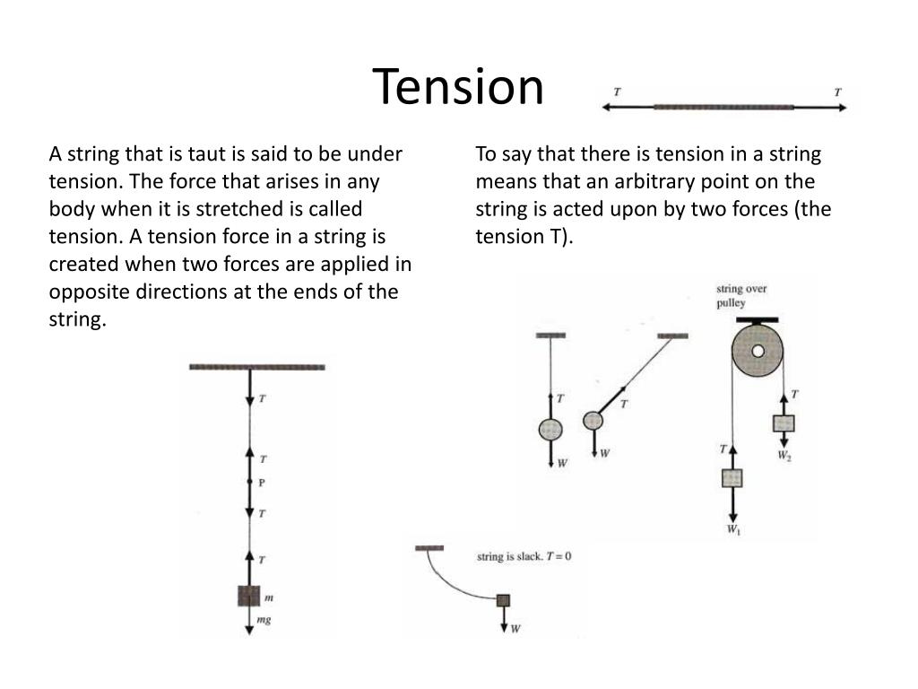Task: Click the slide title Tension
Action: tap(458, 87)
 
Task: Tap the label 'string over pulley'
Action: tap(740, 296)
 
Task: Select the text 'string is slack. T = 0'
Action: tap(524, 556)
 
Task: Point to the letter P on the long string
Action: tap(262, 483)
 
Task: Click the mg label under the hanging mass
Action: tap(264, 619)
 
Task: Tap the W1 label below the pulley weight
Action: tap(733, 530)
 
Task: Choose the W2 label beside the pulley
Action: tap(784, 457)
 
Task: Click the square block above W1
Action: tap(732, 477)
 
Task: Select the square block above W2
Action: tap(784, 423)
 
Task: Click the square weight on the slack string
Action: tap(503, 600)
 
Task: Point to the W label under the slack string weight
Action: tap(515, 628)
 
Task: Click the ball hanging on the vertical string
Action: tap(550, 430)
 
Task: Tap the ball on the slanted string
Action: tap(593, 420)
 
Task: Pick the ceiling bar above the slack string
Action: tap(429, 547)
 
